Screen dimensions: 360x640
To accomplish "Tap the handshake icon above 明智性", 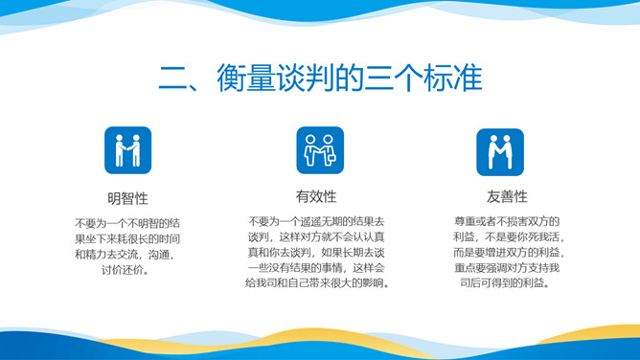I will tap(127, 151).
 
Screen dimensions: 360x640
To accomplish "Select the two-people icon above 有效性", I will tap(319, 151).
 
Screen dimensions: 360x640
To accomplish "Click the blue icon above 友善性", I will tap(499, 151).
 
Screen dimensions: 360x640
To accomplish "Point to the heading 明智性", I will tap(127, 198).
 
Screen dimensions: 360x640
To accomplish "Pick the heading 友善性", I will tap(508, 197).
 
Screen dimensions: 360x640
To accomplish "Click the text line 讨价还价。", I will tap(127, 270).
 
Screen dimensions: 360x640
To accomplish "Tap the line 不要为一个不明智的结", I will tap(127, 221).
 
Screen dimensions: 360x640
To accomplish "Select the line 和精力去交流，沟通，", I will tap(127, 254).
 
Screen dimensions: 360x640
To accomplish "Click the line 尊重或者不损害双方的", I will tap(508, 221).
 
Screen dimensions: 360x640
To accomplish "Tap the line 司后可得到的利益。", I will tap(508, 284).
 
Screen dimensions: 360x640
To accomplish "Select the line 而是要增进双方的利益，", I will tap(508, 254).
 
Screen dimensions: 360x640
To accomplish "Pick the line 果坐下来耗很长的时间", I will tap(127, 237).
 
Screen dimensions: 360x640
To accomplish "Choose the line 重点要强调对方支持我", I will tap(508, 269).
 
